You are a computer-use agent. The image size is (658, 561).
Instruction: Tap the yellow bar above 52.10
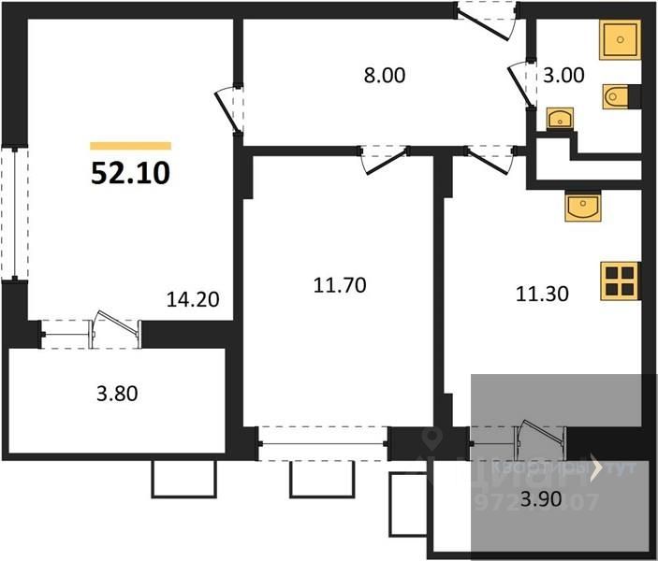coord(131,146)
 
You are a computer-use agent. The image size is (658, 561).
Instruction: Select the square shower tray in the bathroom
coord(620,39)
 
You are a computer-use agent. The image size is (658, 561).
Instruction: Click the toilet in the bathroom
coord(621,95)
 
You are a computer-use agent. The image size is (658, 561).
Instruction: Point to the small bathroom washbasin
coord(560,119)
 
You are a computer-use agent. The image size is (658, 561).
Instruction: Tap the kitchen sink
coord(583,205)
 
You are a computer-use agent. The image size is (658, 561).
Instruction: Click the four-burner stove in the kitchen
coord(620,280)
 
